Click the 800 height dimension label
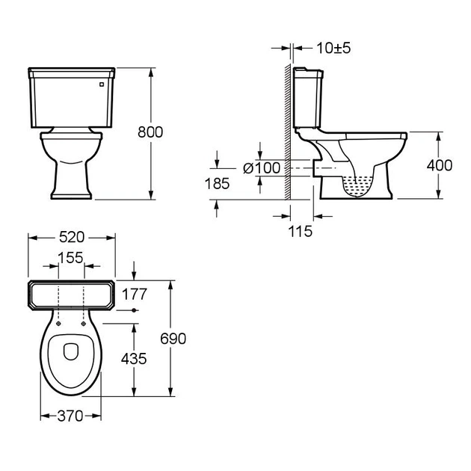coord(150,132)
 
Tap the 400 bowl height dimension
coord(440,165)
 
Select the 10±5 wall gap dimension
coord(333,48)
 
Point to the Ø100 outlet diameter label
coord(262,168)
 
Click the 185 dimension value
coord(217,183)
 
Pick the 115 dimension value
coord(301,231)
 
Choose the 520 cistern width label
coord(72,237)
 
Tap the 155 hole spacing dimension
coord(70,258)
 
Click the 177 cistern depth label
coord(135,294)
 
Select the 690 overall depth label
coord(173,339)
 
